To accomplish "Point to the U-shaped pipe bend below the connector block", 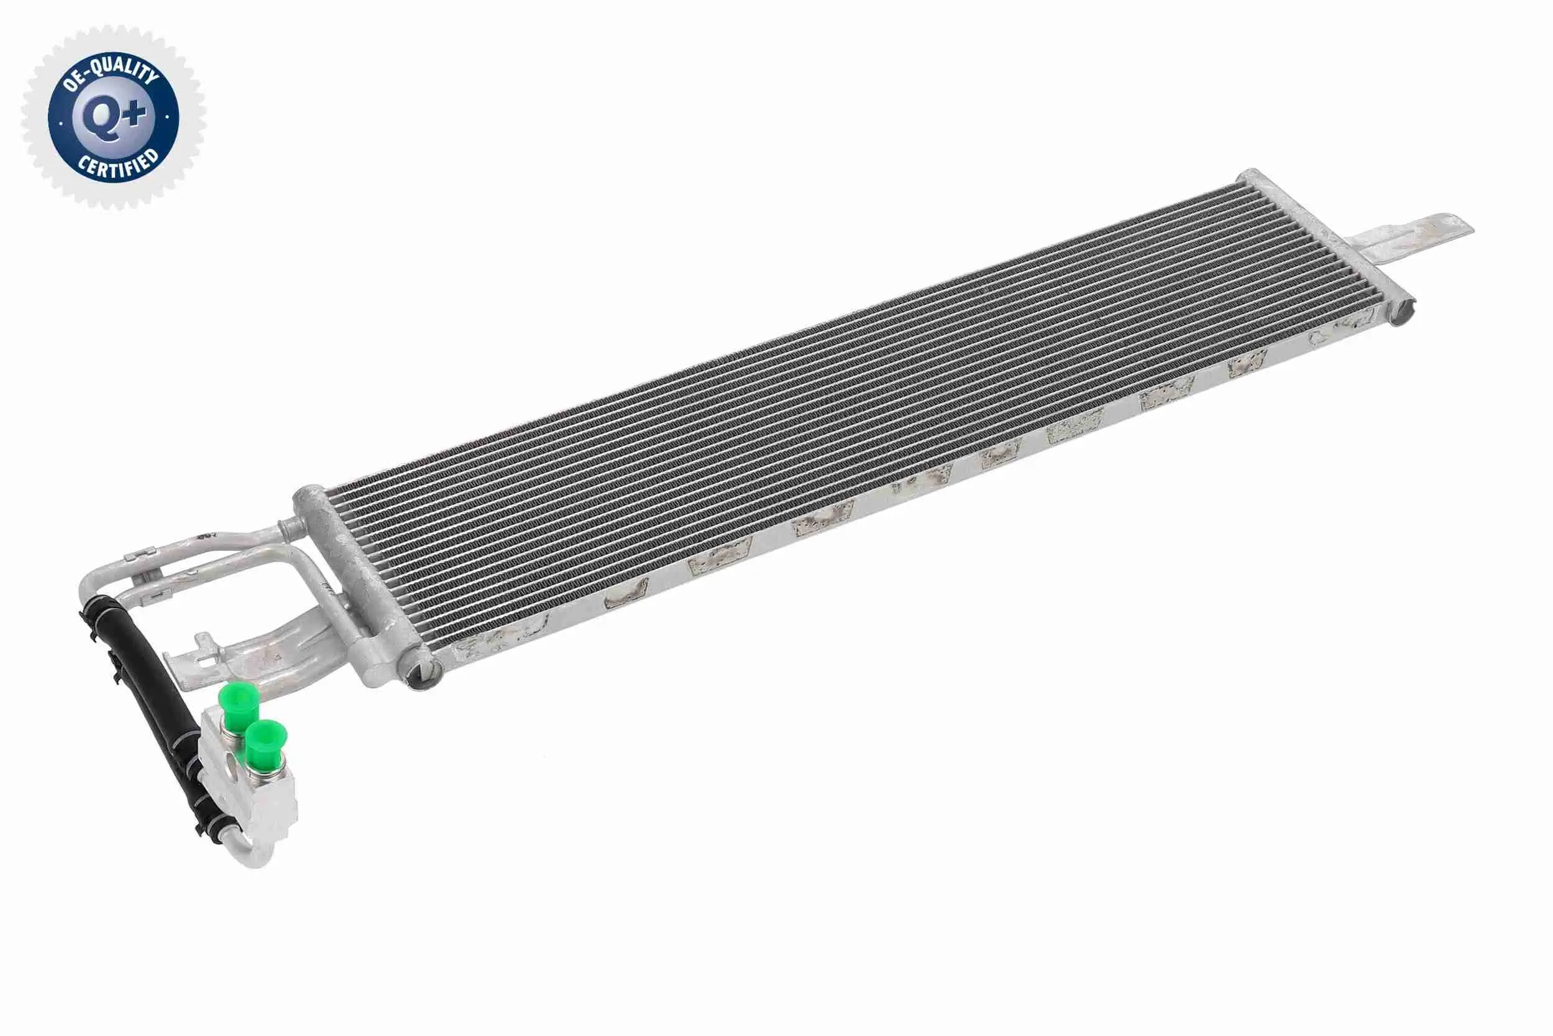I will [254, 853].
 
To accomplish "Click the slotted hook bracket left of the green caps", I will [198, 654].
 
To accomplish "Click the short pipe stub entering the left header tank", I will [288, 528].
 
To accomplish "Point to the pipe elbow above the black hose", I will [93, 581].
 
